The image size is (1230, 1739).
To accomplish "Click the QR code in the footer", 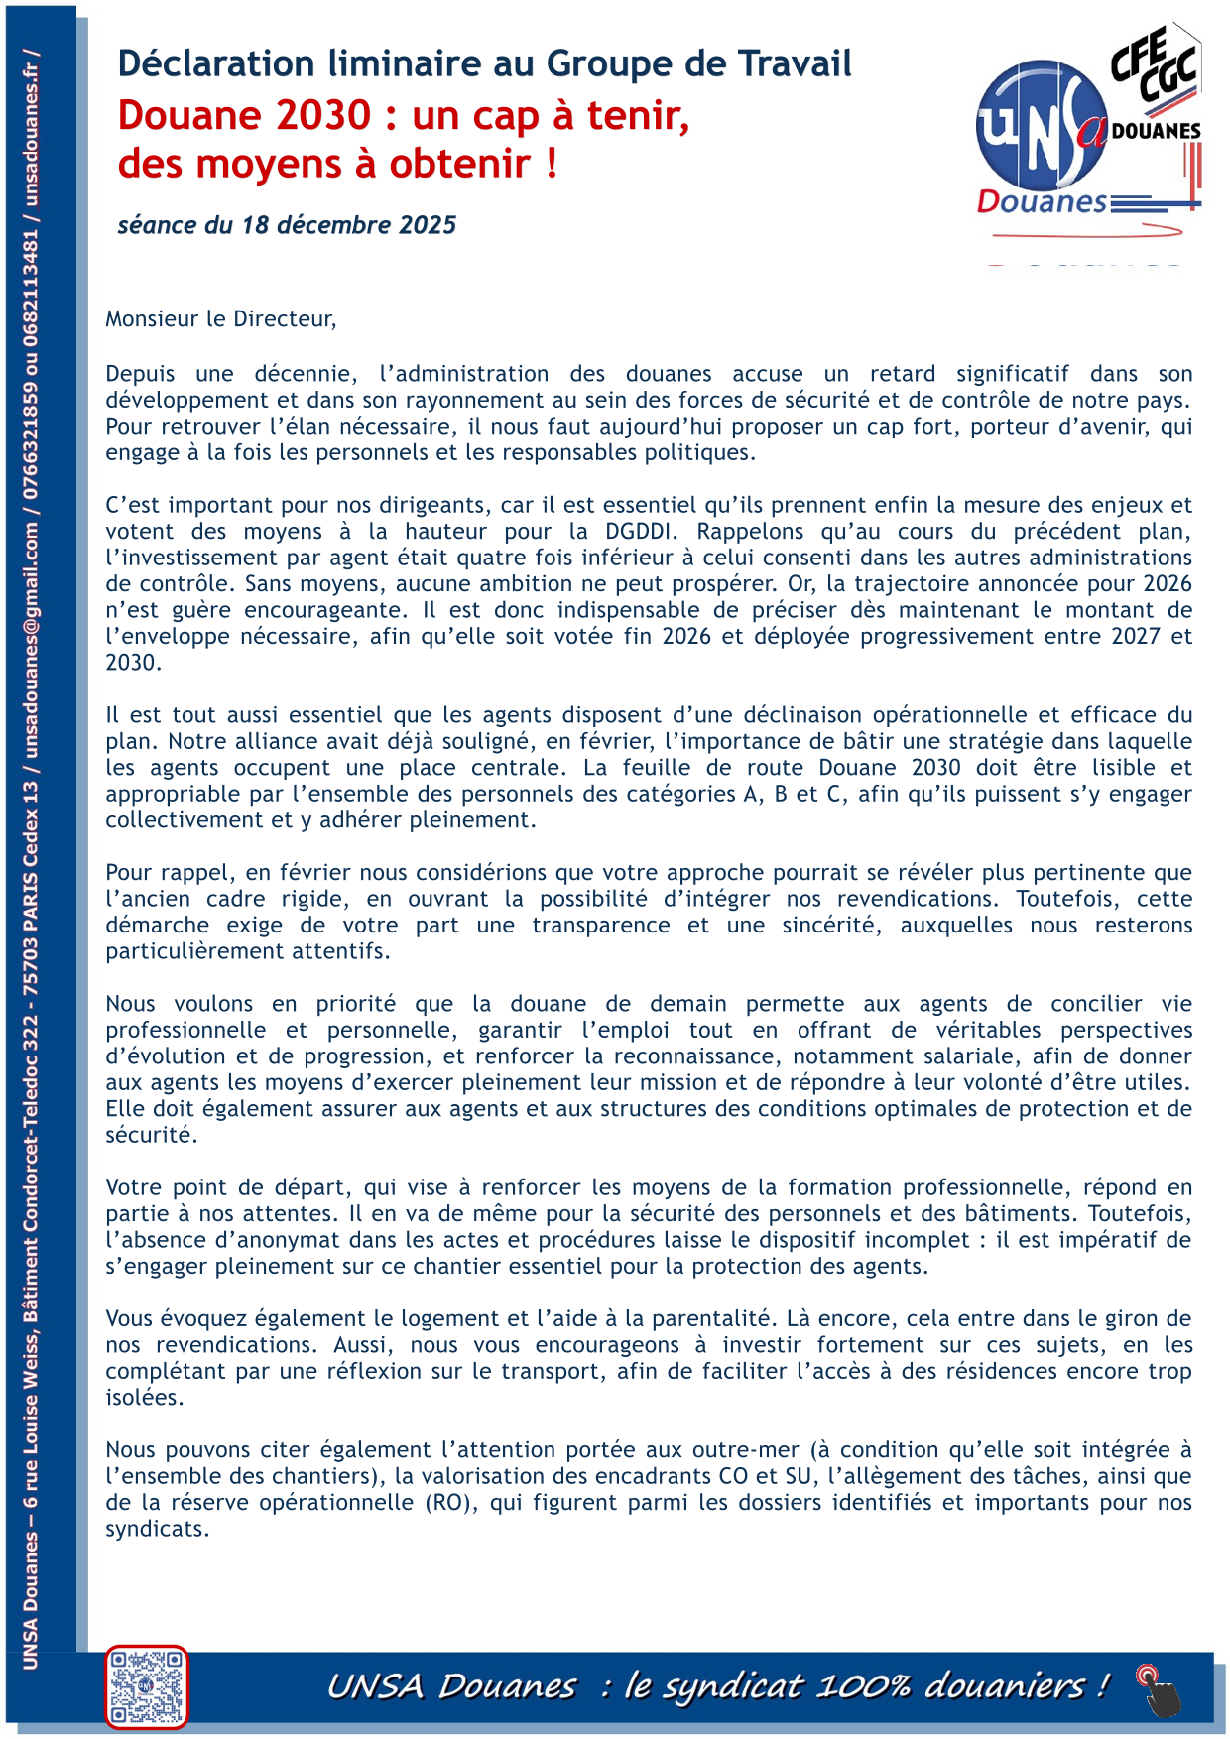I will click(x=147, y=1685).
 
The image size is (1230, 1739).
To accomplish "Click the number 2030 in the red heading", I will click(x=323, y=116).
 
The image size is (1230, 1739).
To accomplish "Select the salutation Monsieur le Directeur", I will click(x=220, y=318).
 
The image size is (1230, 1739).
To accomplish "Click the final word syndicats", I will click(x=157, y=1529).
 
